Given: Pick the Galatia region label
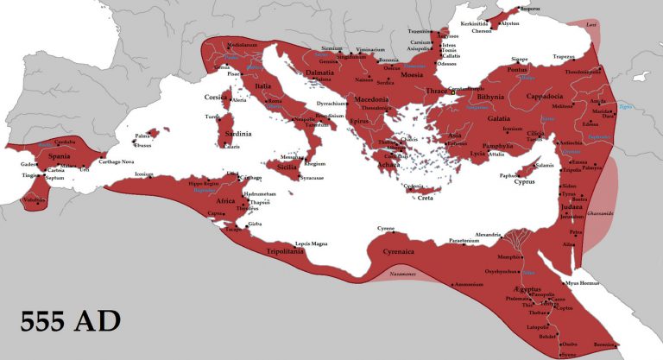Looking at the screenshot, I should (x=500, y=117).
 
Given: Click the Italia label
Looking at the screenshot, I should (x=263, y=86).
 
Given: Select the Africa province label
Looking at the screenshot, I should (x=225, y=200).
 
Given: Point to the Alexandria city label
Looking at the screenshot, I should (x=489, y=235).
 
